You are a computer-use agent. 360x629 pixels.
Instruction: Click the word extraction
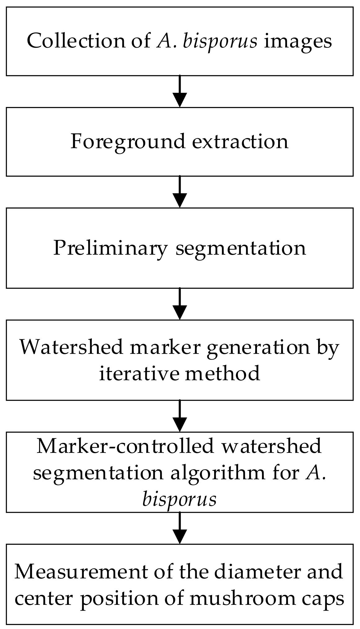click(240, 141)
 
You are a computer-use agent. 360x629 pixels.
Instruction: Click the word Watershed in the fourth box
click(72, 347)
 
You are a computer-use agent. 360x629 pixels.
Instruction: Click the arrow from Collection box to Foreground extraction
click(180, 91)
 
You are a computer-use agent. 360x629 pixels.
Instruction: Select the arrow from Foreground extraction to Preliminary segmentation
click(180, 192)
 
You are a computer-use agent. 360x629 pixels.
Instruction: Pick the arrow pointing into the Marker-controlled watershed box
click(180, 416)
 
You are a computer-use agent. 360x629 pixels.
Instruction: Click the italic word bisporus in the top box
click(220, 41)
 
